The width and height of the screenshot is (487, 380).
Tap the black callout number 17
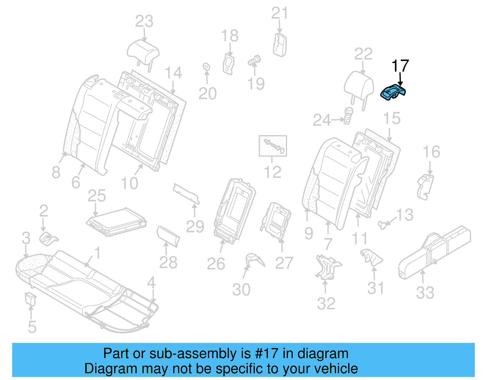click(x=400, y=66)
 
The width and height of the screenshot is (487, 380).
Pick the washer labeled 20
click(x=206, y=67)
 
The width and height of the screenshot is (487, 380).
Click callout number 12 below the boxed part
click(x=272, y=172)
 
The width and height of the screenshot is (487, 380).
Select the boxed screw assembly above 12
click(x=273, y=146)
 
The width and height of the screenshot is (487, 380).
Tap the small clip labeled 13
click(x=383, y=225)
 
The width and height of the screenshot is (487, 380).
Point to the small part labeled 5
click(x=30, y=298)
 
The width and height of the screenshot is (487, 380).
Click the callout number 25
click(x=96, y=196)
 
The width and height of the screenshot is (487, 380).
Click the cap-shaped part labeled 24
click(x=348, y=115)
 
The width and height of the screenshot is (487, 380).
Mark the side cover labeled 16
click(x=426, y=187)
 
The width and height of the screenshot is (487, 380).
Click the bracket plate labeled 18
click(x=229, y=64)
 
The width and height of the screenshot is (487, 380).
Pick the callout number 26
click(x=216, y=264)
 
